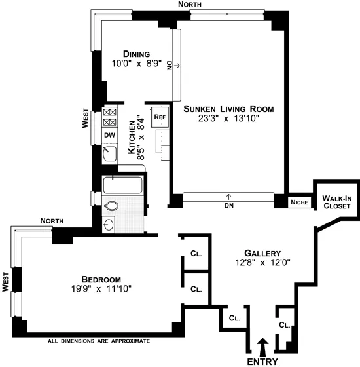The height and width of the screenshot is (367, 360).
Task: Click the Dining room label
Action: click(136, 54)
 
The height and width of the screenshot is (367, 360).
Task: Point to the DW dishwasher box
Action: click(109, 136)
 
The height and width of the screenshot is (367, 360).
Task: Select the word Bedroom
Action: click(98, 277)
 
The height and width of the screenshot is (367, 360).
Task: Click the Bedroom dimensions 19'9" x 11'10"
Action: click(98, 288)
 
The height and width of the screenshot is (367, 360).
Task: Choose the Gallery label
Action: click(262, 253)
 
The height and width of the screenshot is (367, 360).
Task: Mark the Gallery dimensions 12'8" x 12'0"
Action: click(262, 263)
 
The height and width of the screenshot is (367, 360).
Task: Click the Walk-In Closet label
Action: click(337, 201)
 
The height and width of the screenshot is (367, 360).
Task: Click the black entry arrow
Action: click(263, 345)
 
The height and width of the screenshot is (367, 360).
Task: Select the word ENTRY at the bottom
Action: click(262, 361)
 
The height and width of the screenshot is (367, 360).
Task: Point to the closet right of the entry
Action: click(284, 325)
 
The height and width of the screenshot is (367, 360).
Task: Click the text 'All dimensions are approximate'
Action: click(99, 341)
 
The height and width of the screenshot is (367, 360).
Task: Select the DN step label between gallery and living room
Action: click(228, 204)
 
